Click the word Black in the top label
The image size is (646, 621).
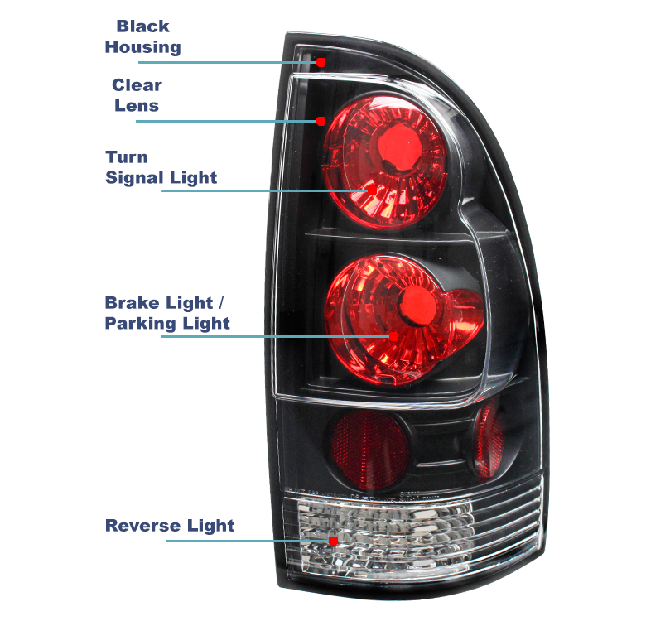click(142, 26)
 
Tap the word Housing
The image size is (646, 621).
click(143, 47)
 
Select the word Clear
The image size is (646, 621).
click(137, 85)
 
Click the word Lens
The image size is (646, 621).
click(137, 106)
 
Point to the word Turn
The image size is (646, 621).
click(127, 157)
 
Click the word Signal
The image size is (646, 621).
click(135, 178)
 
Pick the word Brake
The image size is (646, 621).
click(132, 303)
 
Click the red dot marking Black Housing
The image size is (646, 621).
click(321, 63)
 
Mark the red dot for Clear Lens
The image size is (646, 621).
click(321, 121)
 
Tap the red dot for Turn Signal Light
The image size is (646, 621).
click(372, 190)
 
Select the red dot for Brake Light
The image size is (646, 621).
click(394, 336)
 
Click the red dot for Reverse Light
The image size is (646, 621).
click(333, 541)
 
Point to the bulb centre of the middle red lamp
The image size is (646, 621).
click(417, 306)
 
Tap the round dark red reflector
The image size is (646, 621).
click(369, 449)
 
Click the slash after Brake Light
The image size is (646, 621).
click(221, 303)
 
